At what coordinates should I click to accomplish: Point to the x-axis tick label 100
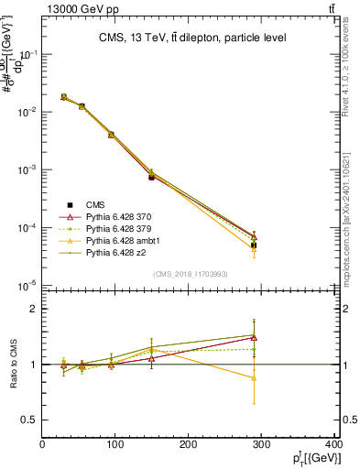(x=115, y=445)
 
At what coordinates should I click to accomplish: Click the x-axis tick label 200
(x=189, y=445)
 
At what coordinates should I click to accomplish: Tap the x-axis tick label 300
(x=262, y=445)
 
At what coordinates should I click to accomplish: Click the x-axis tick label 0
(x=42, y=445)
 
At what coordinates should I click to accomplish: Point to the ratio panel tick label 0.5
(x=29, y=420)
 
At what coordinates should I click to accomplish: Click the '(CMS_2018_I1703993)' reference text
(x=190, y=274)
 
